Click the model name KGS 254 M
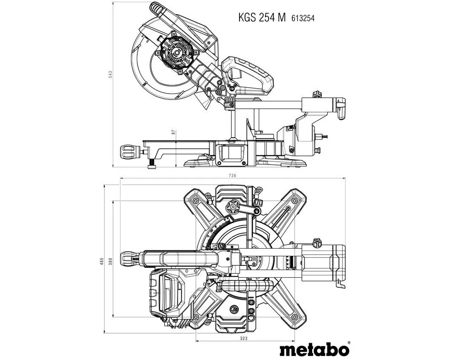point(262,18)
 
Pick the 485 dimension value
point(102,262)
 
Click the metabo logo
point(314,349)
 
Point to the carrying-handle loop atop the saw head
point(157,8)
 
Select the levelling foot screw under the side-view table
point(152,165)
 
